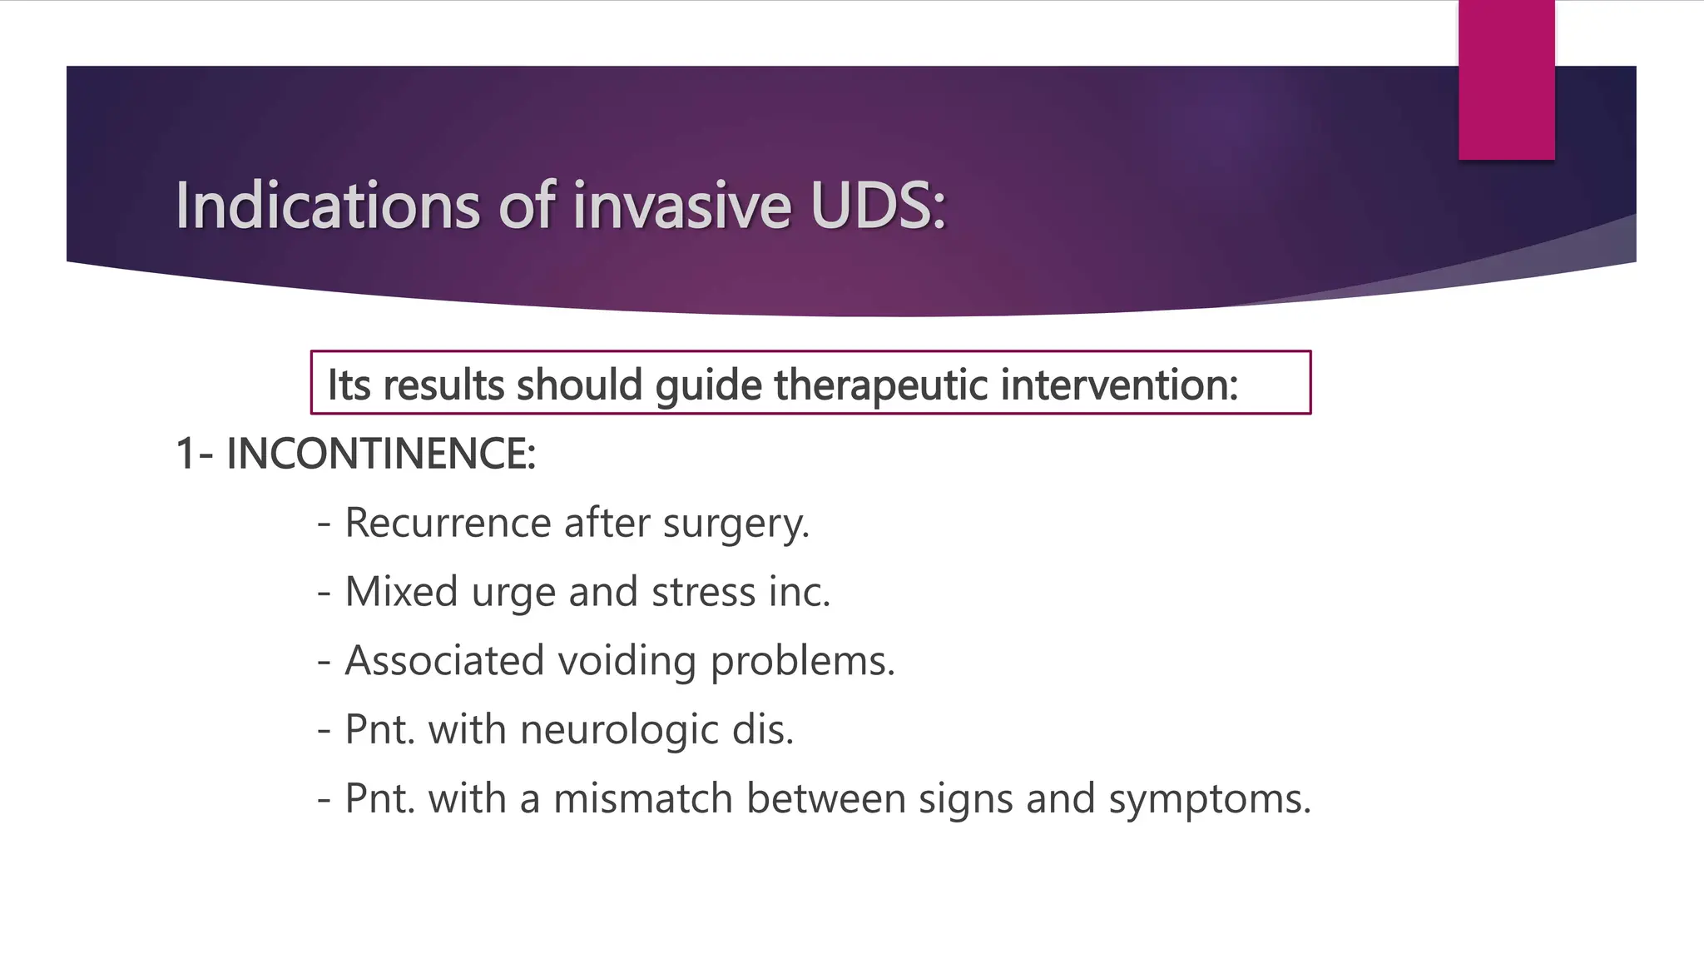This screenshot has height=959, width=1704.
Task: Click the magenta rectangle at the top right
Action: [1506, 79]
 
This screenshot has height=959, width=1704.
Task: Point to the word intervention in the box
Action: [1119, 385]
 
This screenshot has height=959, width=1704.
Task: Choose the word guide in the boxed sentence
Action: [708, 386]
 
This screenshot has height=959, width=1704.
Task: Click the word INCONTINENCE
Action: [380, 455]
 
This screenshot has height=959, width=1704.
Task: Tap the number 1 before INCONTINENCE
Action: [186, 455]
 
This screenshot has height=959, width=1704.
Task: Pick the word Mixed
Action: [401, 592]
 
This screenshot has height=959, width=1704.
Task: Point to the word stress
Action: [703, 592]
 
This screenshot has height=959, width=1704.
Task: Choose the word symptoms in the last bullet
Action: [1209, 800]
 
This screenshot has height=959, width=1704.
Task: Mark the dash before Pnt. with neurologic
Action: [324, 731]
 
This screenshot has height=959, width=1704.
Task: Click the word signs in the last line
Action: [965, 800]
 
